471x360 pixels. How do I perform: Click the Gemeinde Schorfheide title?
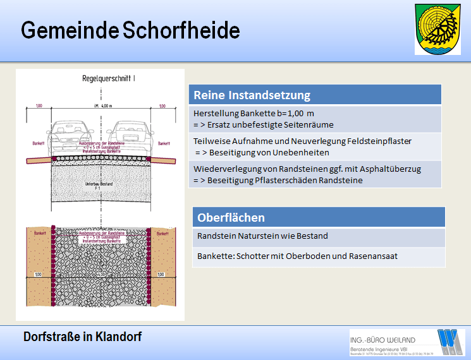pos(131,30)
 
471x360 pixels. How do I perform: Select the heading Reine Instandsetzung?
pos(252,95)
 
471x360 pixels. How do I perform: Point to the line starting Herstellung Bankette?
pos(253,113)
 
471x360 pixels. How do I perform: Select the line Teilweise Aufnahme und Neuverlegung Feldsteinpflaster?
pos(302,141)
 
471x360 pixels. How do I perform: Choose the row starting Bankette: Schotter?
pos(288,256)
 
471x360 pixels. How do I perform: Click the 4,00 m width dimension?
pos(101,105)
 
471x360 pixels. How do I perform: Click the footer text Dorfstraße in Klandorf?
pos(82,337)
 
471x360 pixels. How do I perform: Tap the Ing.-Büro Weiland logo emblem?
pos(451,342)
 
